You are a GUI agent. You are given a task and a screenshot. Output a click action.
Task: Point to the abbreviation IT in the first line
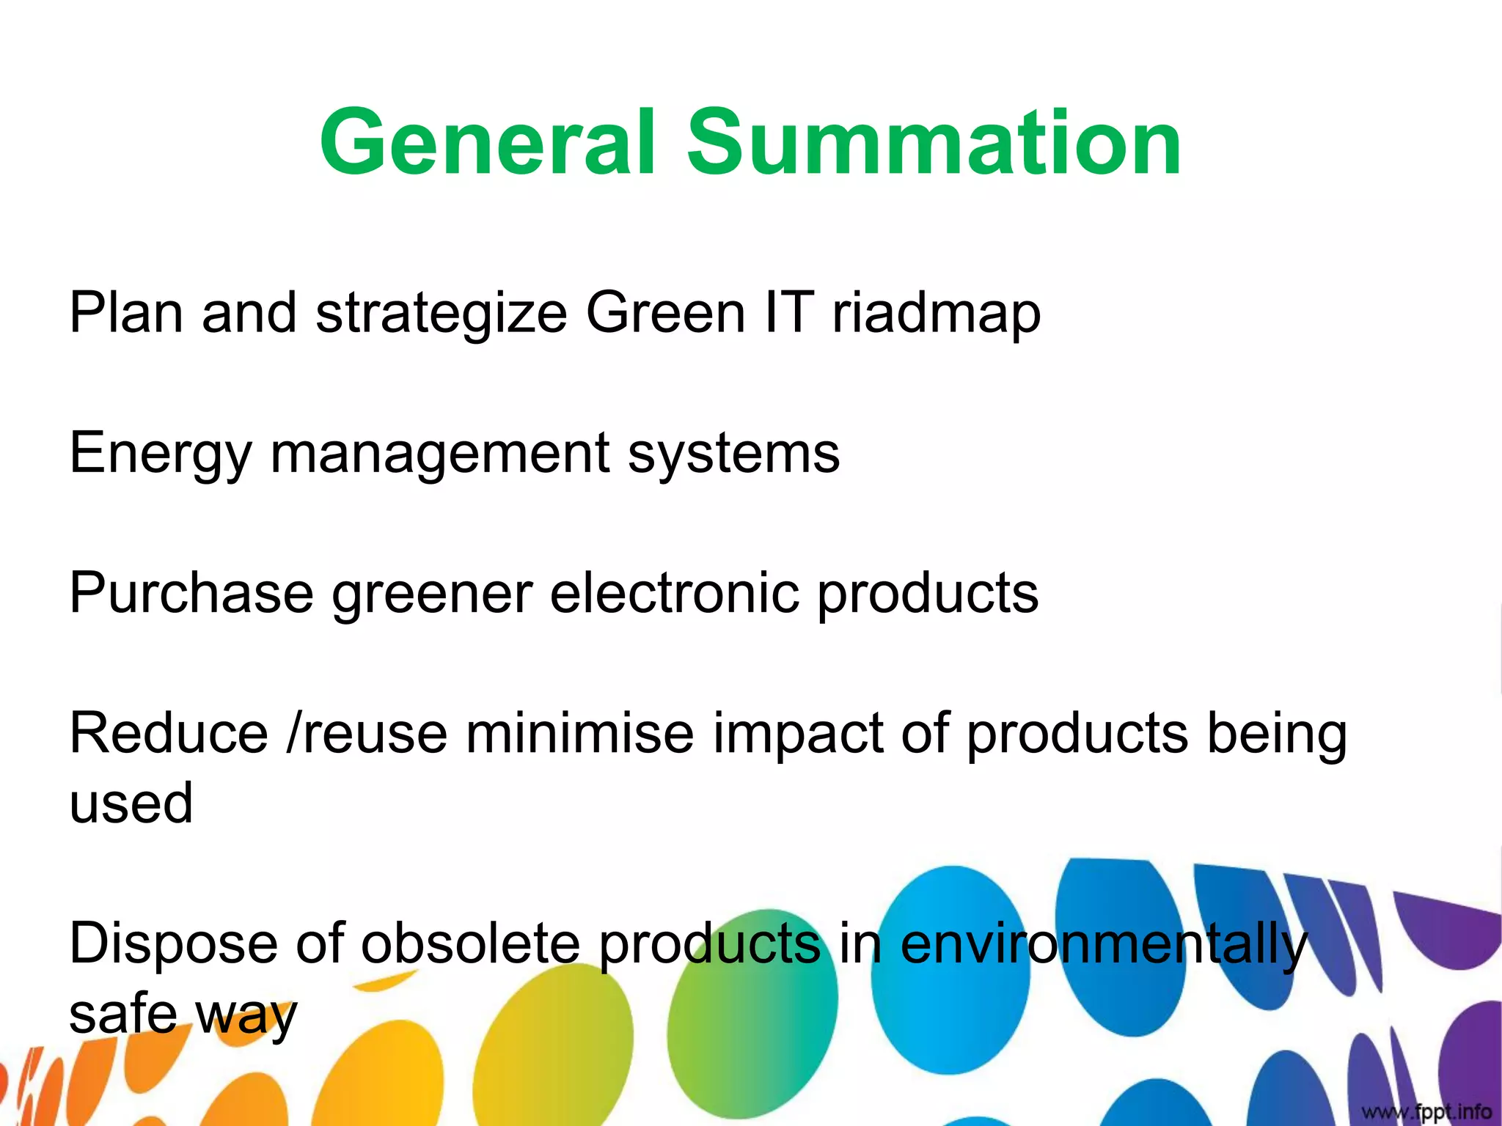[x=788, y=312]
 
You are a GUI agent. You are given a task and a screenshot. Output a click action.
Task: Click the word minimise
[x=579, y=733]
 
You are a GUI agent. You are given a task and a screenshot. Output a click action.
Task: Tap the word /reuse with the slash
[x=367, y=733]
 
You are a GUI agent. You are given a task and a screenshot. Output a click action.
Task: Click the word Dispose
[x=173, y=944]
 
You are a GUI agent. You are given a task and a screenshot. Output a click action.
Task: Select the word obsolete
[x=470, y=944]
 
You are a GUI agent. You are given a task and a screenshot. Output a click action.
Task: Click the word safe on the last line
[x=123, y=1015]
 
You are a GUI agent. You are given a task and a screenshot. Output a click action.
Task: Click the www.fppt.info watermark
[x=1426, y=1112]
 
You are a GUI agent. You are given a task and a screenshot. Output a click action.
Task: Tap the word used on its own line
[x=131, y=803]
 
